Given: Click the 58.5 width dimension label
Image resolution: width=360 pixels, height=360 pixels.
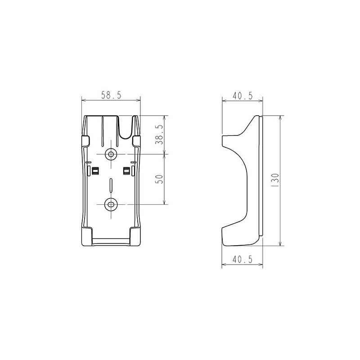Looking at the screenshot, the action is pos(111,95).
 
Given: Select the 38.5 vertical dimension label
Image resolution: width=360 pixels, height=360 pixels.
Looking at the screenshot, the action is pos(159,135).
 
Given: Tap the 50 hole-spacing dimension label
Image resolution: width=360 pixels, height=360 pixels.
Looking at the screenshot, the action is pos(159,179).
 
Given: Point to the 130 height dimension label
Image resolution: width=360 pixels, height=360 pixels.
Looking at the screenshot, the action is pos(275,180).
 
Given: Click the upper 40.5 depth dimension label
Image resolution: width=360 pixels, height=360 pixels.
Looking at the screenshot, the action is pos(243,95).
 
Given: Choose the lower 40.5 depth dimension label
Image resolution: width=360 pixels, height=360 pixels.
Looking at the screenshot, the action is pos(243,260).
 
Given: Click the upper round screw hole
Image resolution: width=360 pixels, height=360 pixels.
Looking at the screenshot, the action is pos(111,154).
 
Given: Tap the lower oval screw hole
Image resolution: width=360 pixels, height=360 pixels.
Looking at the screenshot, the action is pos(111,204).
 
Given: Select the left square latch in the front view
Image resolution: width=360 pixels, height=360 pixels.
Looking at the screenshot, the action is pos(95,171).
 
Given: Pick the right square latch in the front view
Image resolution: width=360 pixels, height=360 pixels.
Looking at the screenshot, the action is pos(127,171).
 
